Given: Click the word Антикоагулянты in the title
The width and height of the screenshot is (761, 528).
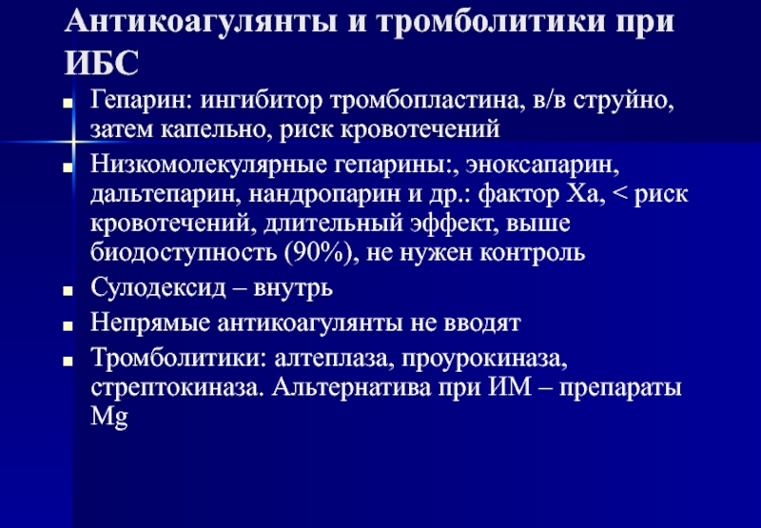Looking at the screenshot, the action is click(201, 21).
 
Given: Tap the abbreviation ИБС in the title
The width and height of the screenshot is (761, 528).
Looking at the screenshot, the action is click(102, 63).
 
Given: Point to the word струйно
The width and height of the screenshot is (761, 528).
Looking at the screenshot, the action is click(624, 102).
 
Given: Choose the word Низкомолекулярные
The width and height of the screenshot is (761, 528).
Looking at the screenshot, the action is click(208, 166).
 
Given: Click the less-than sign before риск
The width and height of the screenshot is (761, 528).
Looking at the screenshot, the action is click(620, 194).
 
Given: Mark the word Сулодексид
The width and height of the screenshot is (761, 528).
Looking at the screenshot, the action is click(158, 287).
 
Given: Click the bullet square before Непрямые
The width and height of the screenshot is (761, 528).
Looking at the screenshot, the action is click(68, 325).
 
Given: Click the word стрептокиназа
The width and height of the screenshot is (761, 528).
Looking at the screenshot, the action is click(177, 388).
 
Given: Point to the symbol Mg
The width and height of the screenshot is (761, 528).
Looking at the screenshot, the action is click(109, 418).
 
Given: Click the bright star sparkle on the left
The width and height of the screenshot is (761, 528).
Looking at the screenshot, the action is click(73, 142).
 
